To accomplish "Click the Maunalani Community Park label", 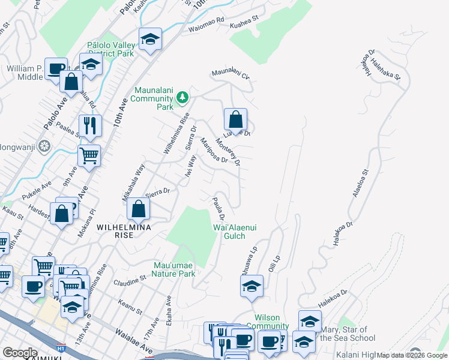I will pos(152,98).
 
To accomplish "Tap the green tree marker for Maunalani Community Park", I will pos(182,97).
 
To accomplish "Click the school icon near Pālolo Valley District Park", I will pos(150,40).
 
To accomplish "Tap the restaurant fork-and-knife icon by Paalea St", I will pos(90,125).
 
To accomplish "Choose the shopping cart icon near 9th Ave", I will pos(89,156).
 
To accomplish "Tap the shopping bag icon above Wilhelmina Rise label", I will pos(139,209).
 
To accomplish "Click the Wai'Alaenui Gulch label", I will pos(229,232).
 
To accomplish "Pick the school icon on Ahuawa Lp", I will pos(252,286).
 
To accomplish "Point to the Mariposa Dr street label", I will pos(214,151).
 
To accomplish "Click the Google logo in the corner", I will pos(20,353).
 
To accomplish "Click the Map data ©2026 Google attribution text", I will pos(412,355).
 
